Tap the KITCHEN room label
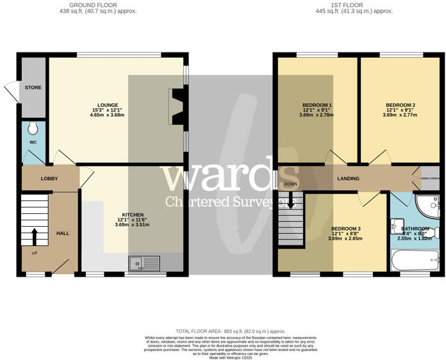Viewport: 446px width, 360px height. (x=133, y=215)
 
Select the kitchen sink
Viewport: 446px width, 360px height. (x=144, y=263)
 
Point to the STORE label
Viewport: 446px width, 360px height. (x=33, y=87)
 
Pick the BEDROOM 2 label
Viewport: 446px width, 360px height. (x=401, y=104)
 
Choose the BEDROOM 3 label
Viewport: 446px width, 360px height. (x=346, y=229)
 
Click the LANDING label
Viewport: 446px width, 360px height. (x=349, y=179)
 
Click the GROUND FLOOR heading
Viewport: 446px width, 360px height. (x=98, y=5)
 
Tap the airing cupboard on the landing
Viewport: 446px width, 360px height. (x=430, y=179)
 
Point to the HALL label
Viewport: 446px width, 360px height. (x=62, y=233)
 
